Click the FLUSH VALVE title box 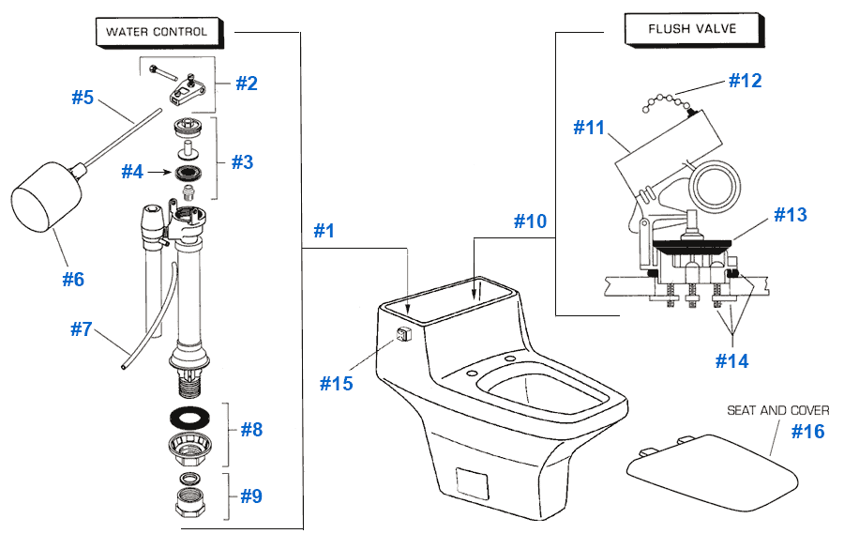(x=692, y=28)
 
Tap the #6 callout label (x=73, y=279)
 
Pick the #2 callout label (x=246, y=83)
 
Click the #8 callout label (x=251, y=429)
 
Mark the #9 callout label (x=250, y=496)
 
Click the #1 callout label (x=324, y=231)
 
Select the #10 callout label (x=529, y=221)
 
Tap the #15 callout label (x=336, y=383)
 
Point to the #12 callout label (x=746, y=81)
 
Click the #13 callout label (x=791, y=215)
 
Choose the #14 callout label (x=731, y=360)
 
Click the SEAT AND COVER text (x=777, y=410)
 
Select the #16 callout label (x=807, y=431)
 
